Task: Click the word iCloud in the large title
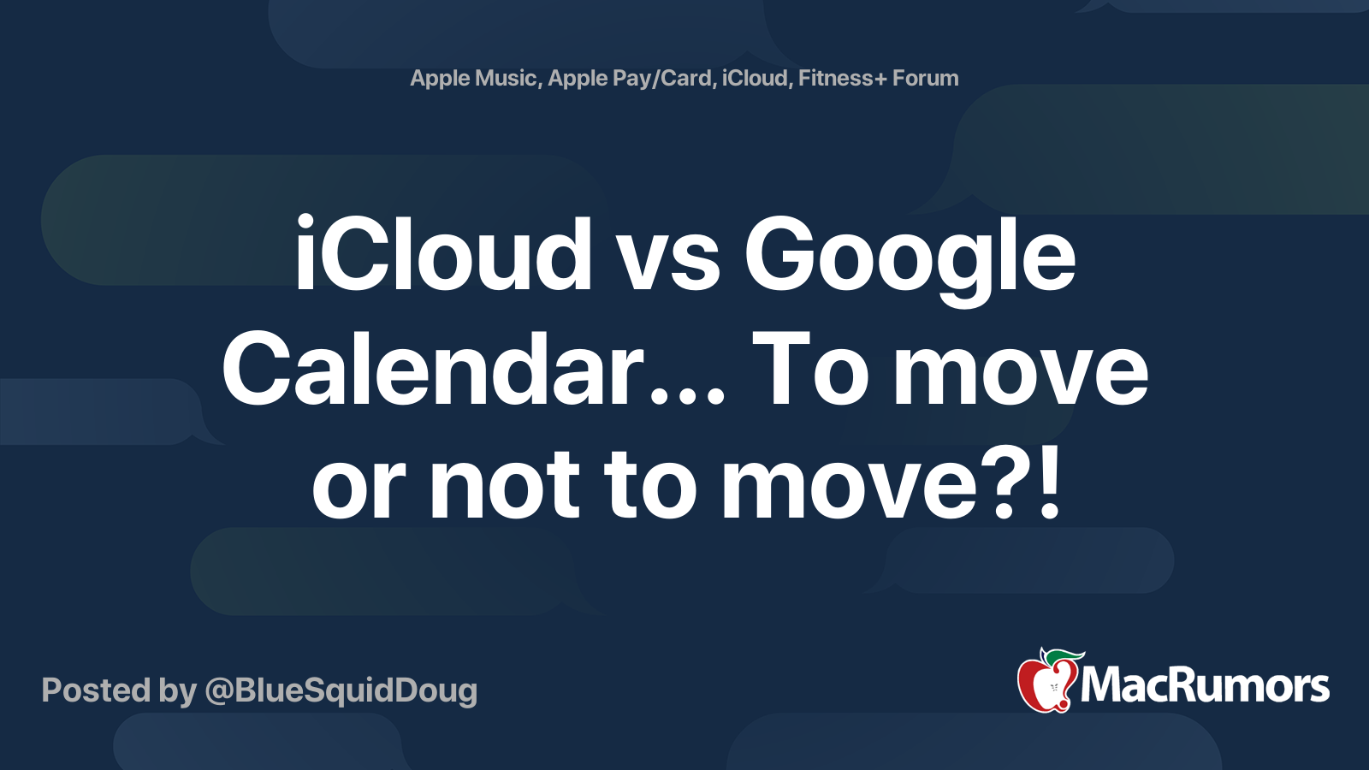pos(443,253)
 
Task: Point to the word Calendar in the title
pos(433,369)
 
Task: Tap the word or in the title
pos(359,492)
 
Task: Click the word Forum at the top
pos(925,78)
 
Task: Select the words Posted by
pos(119,690)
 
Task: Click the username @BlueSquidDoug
pos(341,690)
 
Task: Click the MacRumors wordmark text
pos(1205,686)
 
